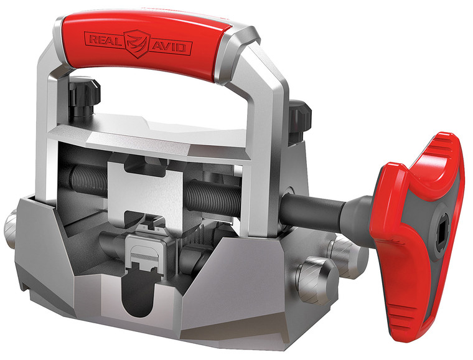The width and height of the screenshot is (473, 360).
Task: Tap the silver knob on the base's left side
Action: point(12,230)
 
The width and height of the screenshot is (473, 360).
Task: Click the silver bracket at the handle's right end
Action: point(249,69)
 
